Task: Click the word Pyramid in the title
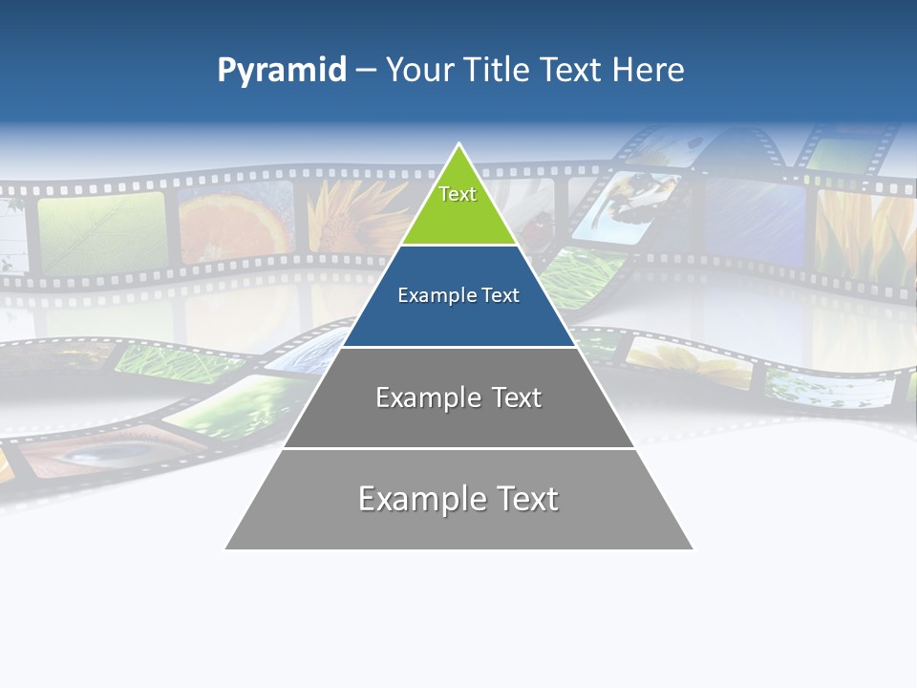coord(282,70)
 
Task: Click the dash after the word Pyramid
coord(366,71)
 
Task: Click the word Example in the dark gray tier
coord(419,398)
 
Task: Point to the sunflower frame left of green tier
coord(358,215)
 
